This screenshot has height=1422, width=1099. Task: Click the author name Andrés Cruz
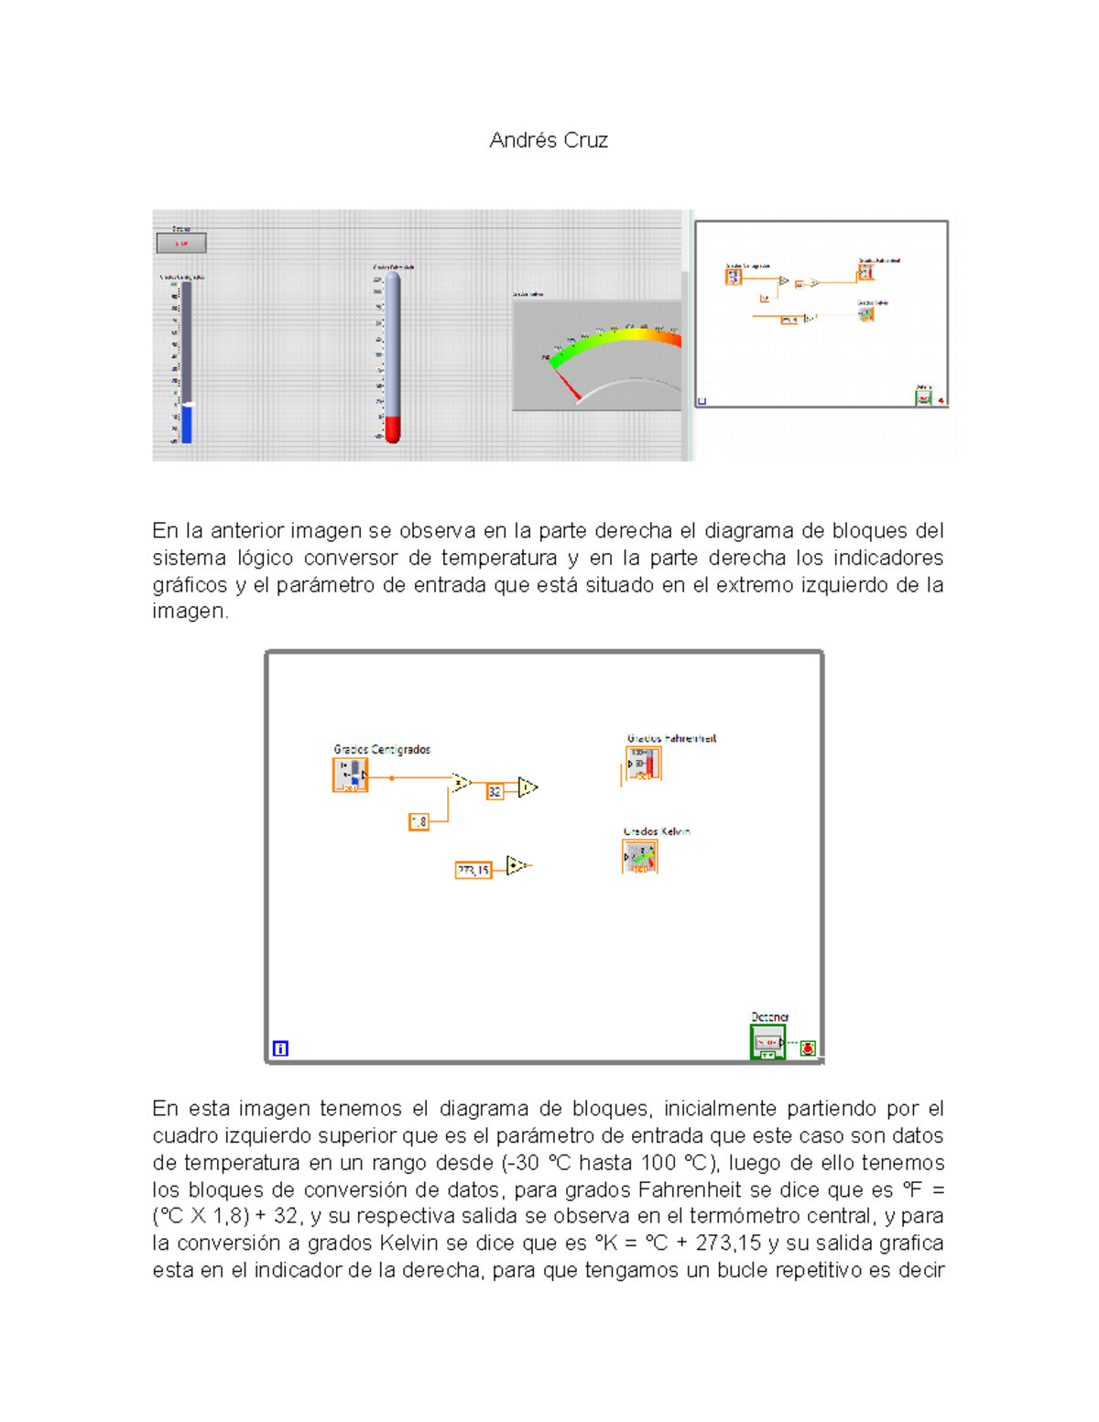coord(548,140)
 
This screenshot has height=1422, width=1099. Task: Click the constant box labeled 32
coord(495,791)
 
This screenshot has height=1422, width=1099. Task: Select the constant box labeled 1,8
coord(419,822)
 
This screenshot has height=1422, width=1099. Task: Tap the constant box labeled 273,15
coord(473,870)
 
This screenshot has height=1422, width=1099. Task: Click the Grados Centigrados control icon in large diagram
coord(350,775)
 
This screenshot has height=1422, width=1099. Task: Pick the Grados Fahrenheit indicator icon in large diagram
coord(643,764)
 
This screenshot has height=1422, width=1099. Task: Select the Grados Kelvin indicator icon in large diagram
coord(639,857)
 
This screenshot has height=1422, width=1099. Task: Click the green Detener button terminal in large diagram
coord(767,1042)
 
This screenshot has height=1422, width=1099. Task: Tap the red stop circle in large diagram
coord(808,1048)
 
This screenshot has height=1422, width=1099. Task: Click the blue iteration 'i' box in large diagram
coord(280,1048)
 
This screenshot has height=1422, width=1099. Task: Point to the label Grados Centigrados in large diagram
coord(382,749)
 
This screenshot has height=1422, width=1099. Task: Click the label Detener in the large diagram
coord(769,1016)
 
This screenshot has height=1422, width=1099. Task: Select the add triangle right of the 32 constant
coord(528,787)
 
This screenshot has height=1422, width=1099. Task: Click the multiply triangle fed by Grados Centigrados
coord(461,782)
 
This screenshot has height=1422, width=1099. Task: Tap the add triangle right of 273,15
coord(517,865)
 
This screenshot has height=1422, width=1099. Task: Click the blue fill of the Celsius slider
coord(187,424)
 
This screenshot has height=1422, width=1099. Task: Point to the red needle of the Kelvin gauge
coord(568,385)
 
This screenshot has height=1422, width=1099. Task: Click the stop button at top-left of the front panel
coord(181,244)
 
